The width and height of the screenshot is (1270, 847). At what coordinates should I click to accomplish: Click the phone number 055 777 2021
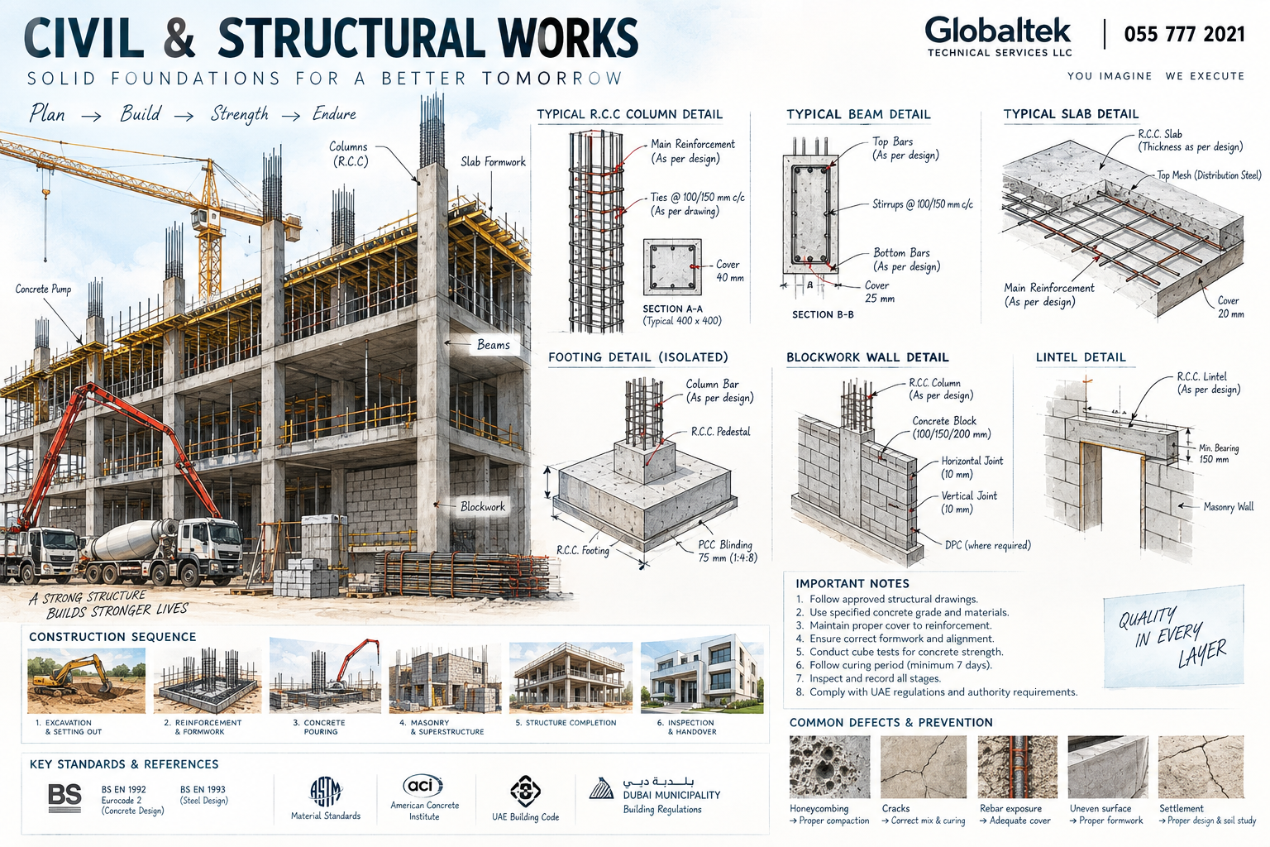1184,35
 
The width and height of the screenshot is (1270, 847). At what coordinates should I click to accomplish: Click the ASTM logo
326,792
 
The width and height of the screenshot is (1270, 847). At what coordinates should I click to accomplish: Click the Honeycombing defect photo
829,767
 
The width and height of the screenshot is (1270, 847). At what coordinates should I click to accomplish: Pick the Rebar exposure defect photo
1018,767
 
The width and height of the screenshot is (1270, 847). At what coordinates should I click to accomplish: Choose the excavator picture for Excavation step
86,680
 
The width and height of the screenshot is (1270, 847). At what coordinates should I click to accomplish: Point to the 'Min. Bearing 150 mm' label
1219,453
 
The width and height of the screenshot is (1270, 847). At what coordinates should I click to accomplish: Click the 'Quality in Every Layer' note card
1173,637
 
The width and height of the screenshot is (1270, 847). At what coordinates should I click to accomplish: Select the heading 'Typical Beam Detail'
858,115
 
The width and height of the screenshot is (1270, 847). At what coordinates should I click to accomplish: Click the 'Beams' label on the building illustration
494,344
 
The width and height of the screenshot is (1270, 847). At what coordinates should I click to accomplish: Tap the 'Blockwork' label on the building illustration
483,506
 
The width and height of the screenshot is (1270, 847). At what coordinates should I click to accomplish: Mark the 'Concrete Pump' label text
43,290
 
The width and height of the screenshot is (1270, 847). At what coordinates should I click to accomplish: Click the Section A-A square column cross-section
672,266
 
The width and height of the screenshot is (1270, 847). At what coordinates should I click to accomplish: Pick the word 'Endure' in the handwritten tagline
335,114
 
